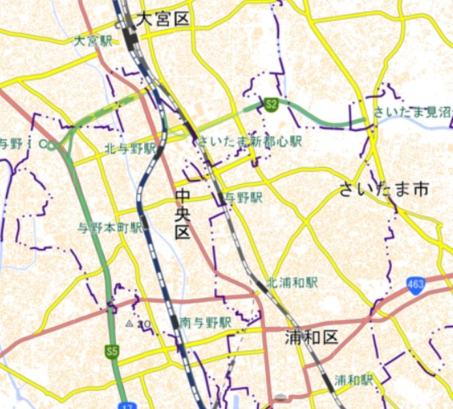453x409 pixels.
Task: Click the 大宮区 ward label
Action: pos(162,20)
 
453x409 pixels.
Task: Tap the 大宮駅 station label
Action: pos(93,41)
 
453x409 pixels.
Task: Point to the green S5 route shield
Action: pos(112,352)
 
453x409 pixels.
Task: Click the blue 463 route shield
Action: pos(415,285)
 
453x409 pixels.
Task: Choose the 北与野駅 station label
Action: pos(130,149)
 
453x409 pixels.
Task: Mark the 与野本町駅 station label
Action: pos(110,228)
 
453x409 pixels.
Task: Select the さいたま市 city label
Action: pos(384,189)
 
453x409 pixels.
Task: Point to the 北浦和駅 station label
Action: pos(293,282)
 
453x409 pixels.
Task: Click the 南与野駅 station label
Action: pos(206,323)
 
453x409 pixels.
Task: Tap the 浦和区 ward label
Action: pos(311,338)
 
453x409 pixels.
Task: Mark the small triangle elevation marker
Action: pos(130,324)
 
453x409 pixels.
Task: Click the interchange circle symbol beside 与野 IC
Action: pos(51,147)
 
